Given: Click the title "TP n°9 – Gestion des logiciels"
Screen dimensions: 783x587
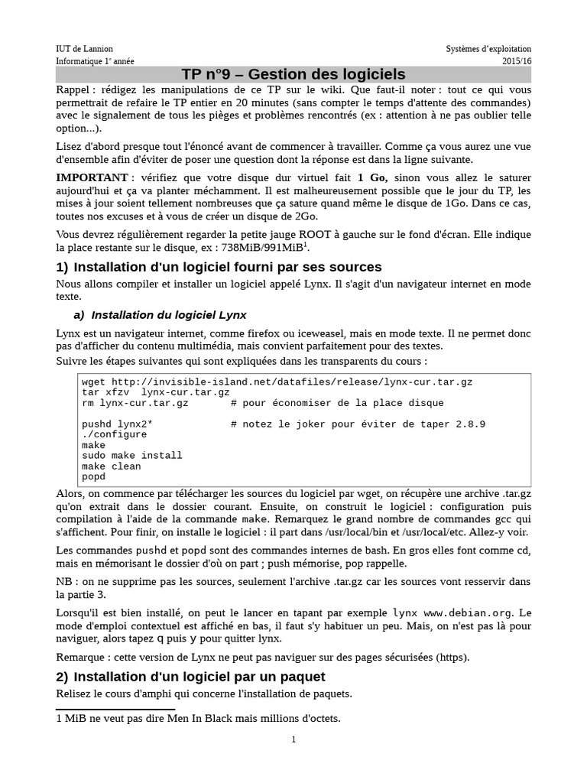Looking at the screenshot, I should tap(293, 74).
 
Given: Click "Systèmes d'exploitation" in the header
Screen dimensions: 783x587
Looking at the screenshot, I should tap(488, 49).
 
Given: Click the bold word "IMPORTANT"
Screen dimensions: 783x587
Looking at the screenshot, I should tap(90, 177).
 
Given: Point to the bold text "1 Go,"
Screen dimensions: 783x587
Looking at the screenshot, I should tap(373, 177).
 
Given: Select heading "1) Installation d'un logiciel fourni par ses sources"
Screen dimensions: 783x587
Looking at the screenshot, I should tap(219, 267).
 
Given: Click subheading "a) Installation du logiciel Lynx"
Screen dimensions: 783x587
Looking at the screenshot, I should tap(161, 314).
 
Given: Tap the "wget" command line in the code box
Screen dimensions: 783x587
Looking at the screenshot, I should tap(282, 381).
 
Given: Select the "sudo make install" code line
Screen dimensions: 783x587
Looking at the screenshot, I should tap(131, 456).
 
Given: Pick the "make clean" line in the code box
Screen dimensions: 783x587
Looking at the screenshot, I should tap(112, 466).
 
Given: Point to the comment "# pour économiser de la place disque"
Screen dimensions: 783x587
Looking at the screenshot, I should tap(336, 402).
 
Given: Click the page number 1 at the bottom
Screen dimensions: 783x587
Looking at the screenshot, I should tap(293, 739).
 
